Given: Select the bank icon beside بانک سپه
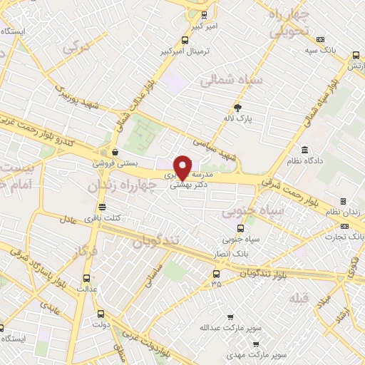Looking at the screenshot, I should click(x=322, y=40).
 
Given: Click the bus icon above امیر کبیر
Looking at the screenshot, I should click(x=205, y=15).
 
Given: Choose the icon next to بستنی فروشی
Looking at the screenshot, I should click(x=114, y=152).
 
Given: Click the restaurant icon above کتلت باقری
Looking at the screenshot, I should click(x=102, y=207).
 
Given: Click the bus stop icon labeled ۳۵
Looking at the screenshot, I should click(x=216, y=273).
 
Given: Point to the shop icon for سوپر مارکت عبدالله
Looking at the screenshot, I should click(x=229, y=318).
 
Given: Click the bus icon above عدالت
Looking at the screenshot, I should click(x=87, y=278).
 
